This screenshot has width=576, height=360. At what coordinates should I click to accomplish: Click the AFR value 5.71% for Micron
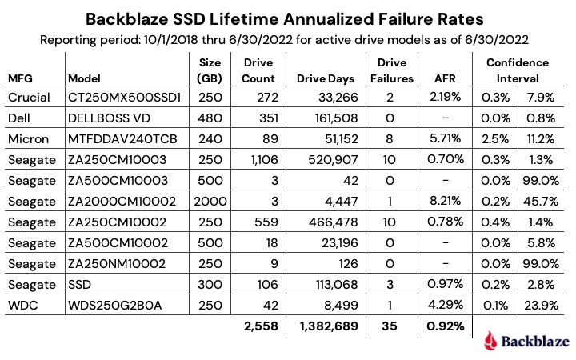tap(446, 138)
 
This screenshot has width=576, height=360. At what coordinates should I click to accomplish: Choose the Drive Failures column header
tap(391, 70)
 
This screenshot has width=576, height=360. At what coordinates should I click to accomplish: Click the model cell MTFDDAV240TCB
tap(115, 138)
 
